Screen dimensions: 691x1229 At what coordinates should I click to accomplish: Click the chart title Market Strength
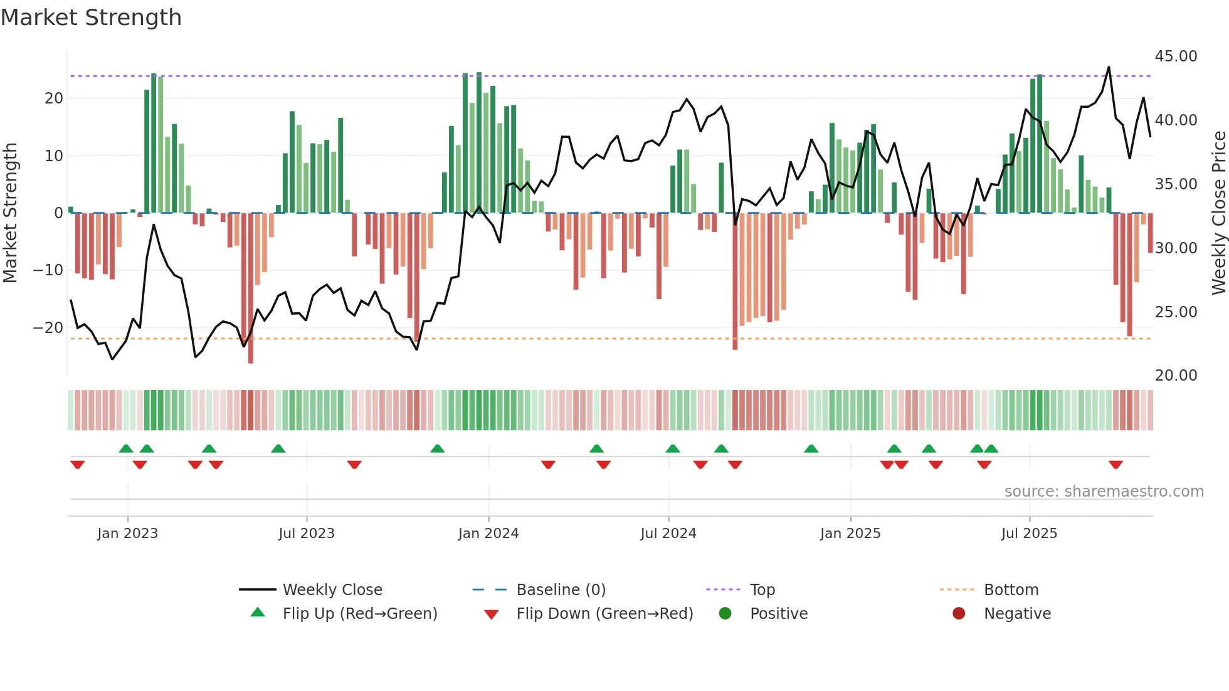point(91,18)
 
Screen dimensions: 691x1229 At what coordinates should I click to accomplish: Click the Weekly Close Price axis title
point(1218,213)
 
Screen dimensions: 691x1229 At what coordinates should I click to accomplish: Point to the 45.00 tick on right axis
point(1176,56)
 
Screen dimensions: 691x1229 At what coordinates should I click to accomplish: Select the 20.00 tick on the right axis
point(1176,376)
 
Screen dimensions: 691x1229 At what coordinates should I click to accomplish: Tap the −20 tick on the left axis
point(48,328)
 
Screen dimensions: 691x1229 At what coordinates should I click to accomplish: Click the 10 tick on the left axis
point(53,156)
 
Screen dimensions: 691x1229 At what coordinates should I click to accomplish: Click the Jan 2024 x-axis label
point(488,534)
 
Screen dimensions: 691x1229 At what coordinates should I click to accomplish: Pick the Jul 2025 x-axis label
point(1029,534)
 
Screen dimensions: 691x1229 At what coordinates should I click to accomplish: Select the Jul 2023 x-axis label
point(307,534)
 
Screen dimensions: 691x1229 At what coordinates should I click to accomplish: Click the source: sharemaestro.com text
point(1104,492)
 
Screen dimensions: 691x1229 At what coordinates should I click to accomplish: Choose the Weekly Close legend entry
point(332,590)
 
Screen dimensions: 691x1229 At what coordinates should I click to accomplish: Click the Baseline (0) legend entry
point(561,590)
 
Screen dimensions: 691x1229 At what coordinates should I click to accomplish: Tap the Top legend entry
point(762,590)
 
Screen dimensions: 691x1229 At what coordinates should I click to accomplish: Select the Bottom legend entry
point(1011,590)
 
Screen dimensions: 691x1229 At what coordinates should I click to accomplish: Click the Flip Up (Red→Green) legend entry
point(359,614)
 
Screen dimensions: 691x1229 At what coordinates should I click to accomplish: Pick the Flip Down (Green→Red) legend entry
point(604,614)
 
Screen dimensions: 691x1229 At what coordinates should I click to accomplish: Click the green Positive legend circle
point(725,613)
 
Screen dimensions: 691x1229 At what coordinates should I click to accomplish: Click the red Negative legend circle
point(959,613)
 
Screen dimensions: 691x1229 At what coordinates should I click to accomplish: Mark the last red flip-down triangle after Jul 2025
point(1116,465)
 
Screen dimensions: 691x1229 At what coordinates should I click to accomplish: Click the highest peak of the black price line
point(1109,67)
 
